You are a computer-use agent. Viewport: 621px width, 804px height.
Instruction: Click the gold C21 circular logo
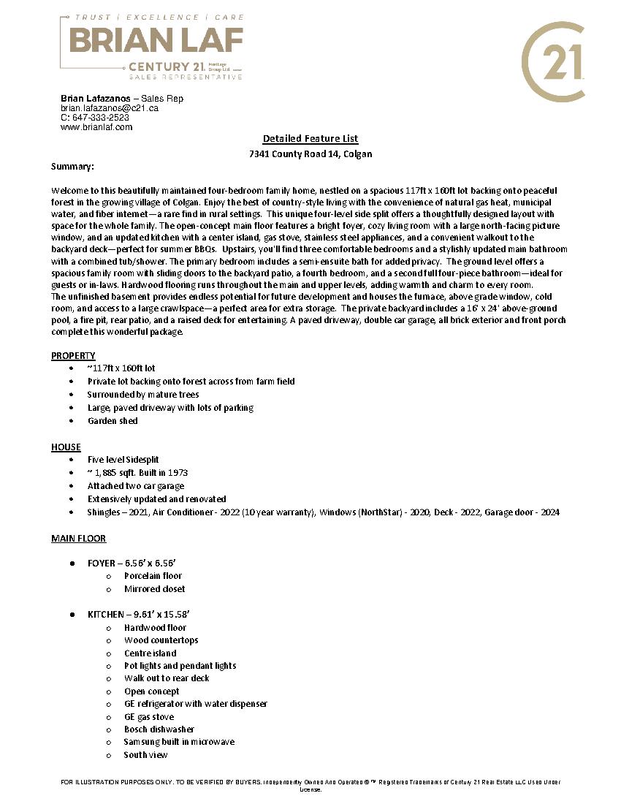(x=553, y=61)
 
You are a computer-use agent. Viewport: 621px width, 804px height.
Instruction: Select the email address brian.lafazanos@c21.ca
(x=110, y=108)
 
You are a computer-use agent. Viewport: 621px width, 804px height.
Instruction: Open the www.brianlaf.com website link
(x=96, y=127)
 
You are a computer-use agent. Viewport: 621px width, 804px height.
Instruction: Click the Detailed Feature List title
(x=310, y=139)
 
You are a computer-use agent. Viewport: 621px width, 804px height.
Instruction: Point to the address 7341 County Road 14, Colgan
(x=310, y=154)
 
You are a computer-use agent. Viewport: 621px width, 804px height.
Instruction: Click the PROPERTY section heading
(x=73, y=356)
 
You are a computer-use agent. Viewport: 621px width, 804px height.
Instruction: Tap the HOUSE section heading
(x=66, y=447)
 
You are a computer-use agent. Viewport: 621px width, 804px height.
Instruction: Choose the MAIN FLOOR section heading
(x=78, y=539)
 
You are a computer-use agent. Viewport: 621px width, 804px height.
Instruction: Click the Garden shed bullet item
(x=113, y=421)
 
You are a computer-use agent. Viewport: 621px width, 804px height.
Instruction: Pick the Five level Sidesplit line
(x=123, y=460)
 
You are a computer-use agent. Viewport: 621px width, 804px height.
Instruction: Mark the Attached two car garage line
(x=136, y=486)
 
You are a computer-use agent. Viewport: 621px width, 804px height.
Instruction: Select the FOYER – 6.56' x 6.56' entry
(x=132, y=564)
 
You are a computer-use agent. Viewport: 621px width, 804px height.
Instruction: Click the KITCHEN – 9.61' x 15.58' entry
(x=139, y=615)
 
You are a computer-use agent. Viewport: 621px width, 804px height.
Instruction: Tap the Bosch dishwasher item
(x=159, y=729)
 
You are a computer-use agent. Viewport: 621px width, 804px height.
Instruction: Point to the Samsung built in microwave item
(x=179, y=742)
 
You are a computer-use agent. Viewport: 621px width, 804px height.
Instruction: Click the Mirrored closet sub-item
(x=154, y=589)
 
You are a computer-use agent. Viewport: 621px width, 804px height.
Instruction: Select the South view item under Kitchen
(x=145, y=755)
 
